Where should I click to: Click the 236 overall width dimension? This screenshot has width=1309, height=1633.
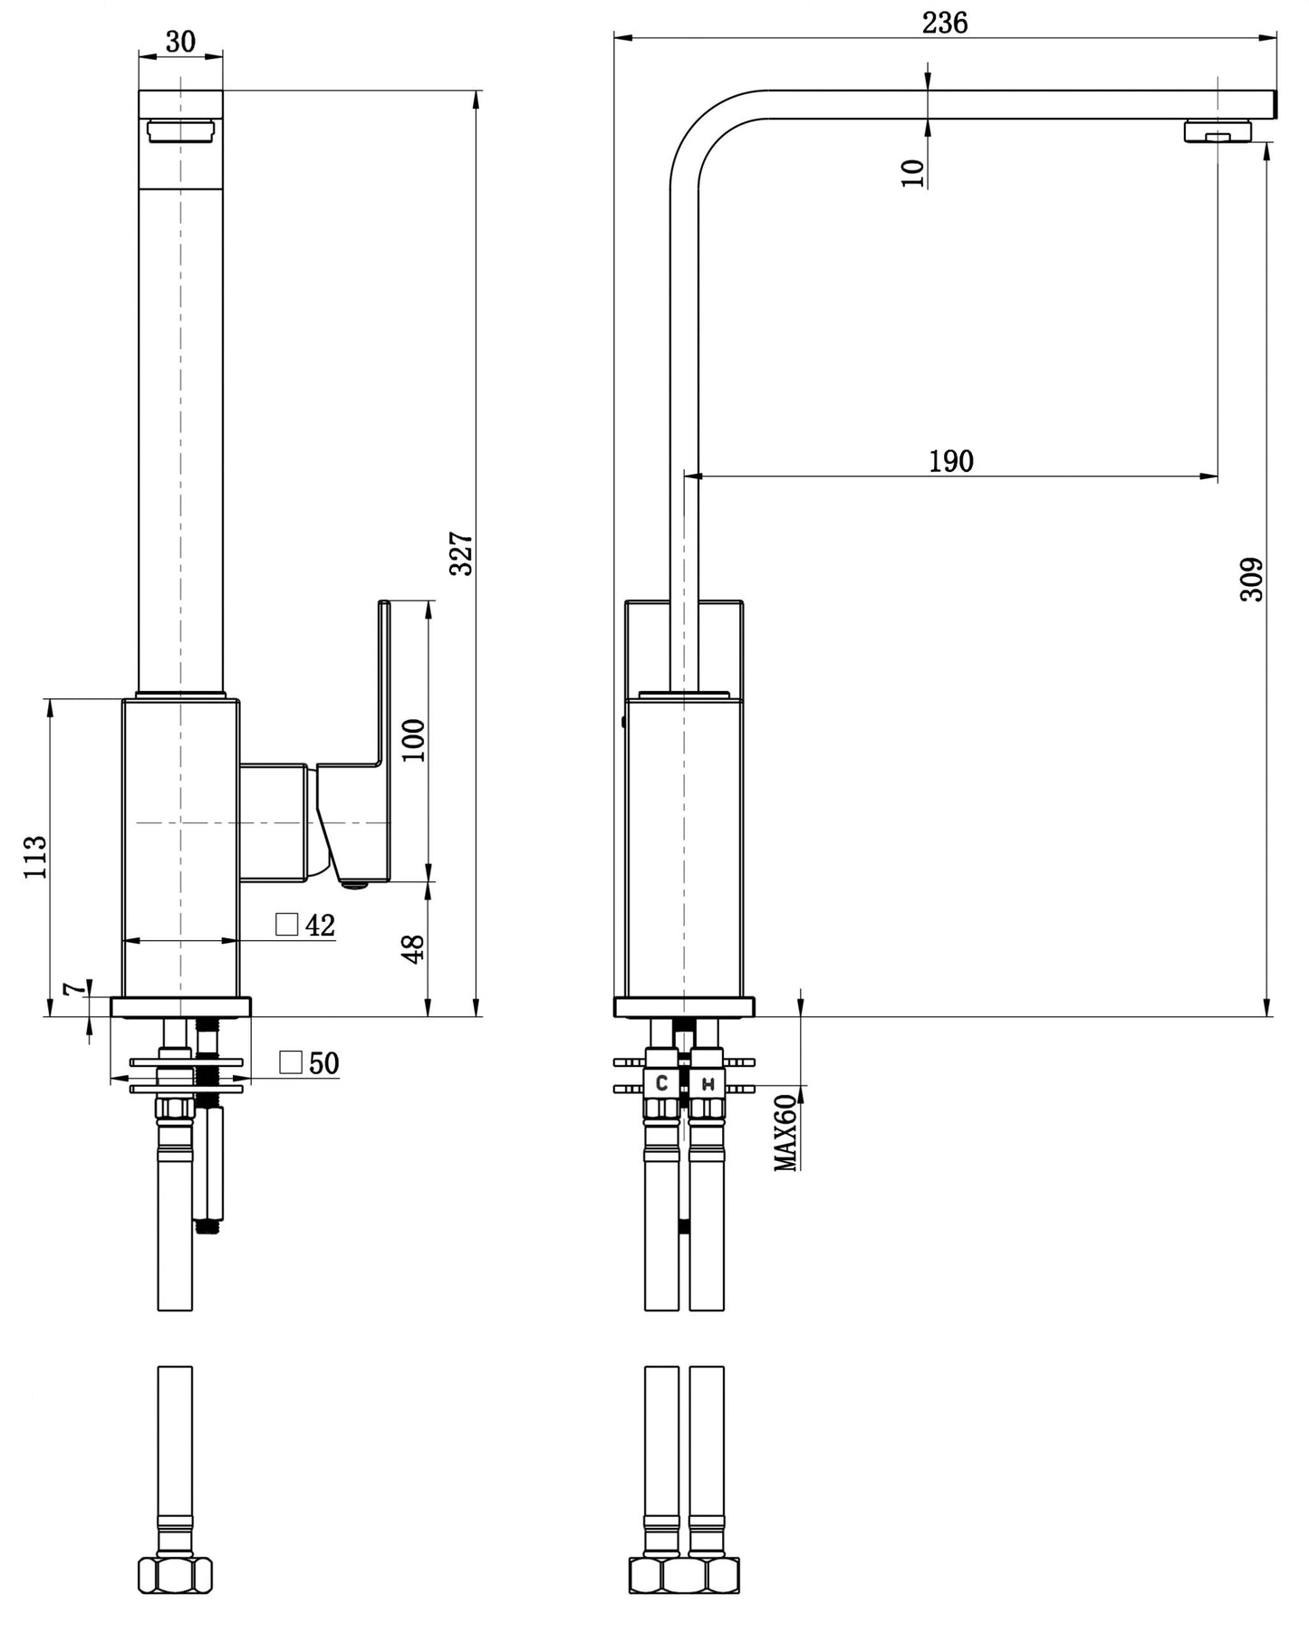[945, 23]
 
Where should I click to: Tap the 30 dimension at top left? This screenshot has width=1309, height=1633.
[180, 41]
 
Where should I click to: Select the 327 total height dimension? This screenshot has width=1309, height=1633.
[462, 553]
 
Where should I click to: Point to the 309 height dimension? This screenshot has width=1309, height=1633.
[1251, 579]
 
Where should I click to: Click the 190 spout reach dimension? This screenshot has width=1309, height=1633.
[951, 461]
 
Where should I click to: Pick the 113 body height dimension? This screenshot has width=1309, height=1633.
[35, 856]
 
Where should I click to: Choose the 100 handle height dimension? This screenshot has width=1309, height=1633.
[413, 740]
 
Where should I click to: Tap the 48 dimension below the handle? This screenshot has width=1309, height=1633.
[413, 948]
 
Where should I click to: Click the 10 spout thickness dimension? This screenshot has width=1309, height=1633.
[913, 172]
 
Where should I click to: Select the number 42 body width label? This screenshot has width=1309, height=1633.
[320, 926]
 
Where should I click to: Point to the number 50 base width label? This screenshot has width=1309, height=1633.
[323, 1063]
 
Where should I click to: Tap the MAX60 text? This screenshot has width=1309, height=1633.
[785, 1132]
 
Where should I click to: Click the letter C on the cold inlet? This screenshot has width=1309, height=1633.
[662, 1082]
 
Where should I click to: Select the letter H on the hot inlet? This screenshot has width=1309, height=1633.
[708, 1083]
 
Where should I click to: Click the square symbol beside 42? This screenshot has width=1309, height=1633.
[287, 924]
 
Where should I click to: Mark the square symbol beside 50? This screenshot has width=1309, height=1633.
[291, 1061]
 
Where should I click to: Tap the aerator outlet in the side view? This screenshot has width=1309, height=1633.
[1218, 132]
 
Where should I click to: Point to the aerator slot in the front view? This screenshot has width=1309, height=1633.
[180, 131]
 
